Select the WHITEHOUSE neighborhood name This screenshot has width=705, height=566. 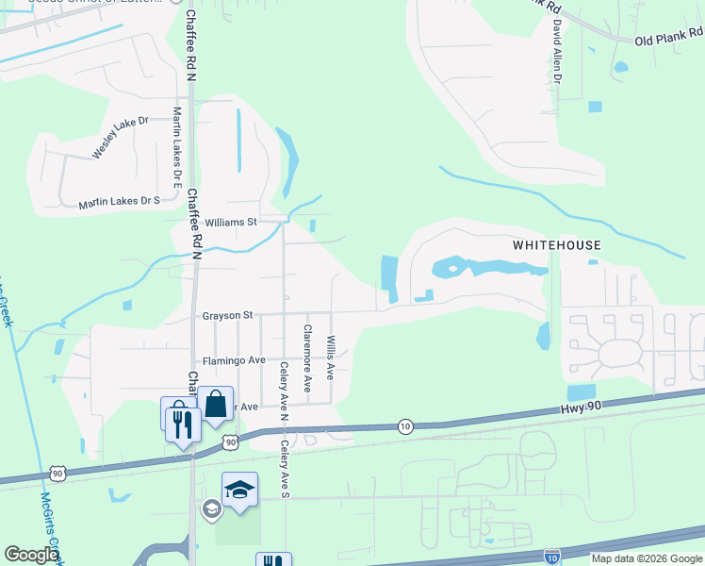556,245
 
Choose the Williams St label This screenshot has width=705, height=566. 230,223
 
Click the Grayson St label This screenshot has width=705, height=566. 227,316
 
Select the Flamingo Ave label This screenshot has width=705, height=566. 234,361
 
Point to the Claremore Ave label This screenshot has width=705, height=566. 306,358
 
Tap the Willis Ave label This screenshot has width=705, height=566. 330,357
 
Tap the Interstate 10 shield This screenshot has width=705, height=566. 553,557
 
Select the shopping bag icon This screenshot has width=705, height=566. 216,404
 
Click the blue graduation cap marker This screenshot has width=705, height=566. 240,489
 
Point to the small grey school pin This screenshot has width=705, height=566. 212,509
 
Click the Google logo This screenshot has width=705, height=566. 31,555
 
